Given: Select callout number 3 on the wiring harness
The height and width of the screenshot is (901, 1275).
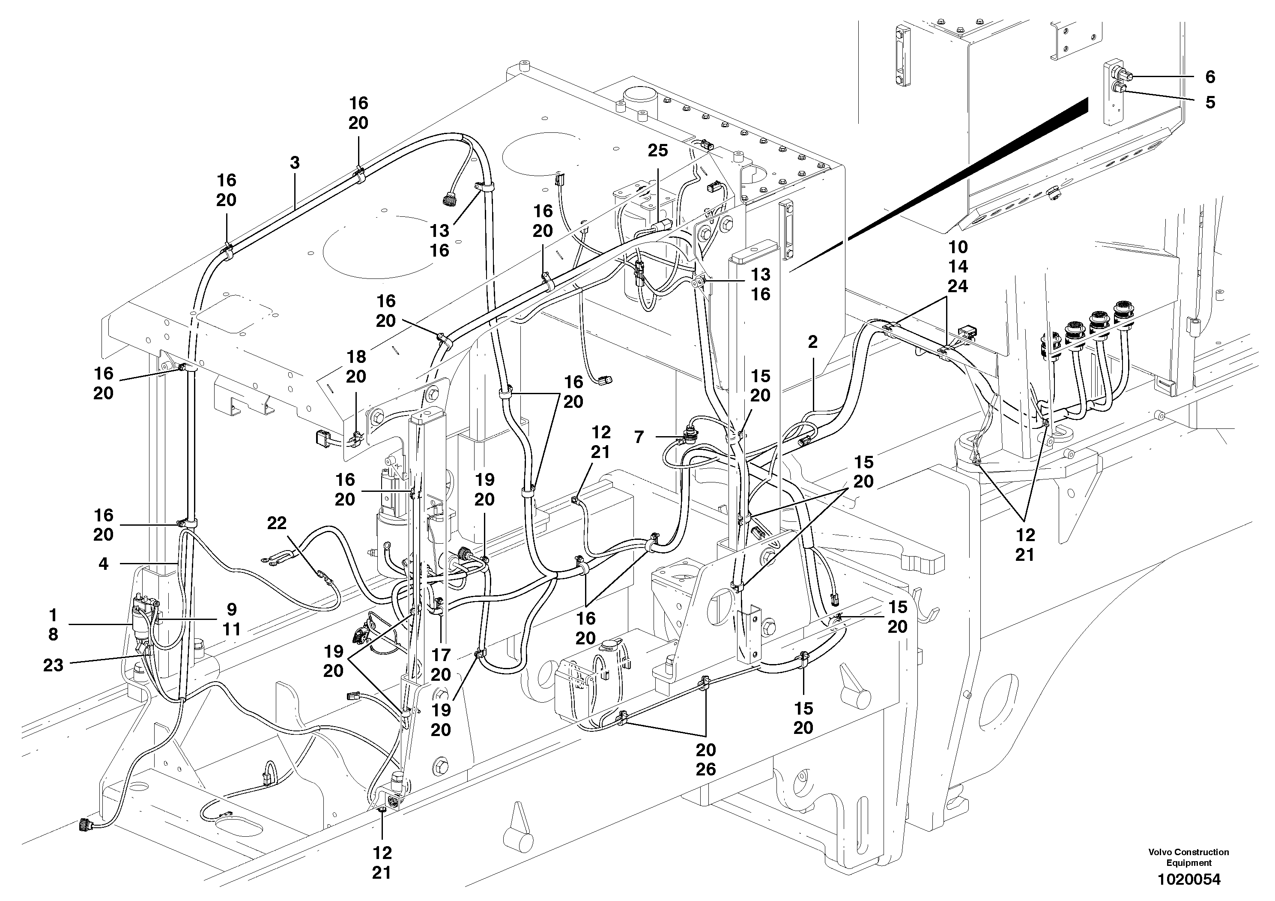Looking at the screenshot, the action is pyautogui.click(x=295, y=163).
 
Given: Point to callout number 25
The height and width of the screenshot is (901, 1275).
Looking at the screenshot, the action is pyautogui.click(x=658, y=150).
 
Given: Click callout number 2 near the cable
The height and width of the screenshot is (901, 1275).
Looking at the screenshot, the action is pyautogui.click(x=813, y=342).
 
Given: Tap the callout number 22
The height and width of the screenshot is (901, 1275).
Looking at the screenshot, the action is pyautogui.click(x=277, y=523).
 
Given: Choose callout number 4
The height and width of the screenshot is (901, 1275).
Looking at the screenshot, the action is pyautogui.click(x=103, y=564).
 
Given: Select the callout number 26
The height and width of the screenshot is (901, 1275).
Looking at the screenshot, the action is pyautogui.click(x=706, y=769).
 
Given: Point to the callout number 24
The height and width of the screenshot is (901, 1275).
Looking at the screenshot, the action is pyautogui.click(x=958, y=286).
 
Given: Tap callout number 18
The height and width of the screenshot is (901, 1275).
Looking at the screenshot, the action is pyautogui.click(x=356, y=356).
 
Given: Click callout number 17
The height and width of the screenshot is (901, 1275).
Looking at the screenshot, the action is pyautogui.click(x=441, y=655).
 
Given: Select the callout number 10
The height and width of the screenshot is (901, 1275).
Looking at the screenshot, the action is pyautogui.click(x=958, y=247).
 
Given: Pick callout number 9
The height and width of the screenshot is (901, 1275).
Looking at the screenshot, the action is pyautogui.click(x=232, y=609).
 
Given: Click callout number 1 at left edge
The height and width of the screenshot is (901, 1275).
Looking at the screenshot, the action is pyautogui.click(x=53, y=615).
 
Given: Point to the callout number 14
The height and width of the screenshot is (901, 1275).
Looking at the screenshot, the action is pyautogui.click(x=958, y=266).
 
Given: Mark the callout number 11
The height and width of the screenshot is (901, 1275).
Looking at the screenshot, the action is pyautogui.click(x=232, y=629).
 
